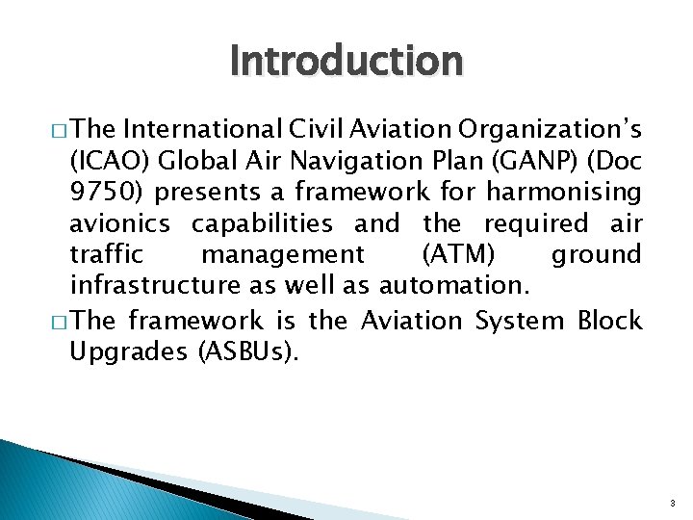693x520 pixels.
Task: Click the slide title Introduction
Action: click(346, 61)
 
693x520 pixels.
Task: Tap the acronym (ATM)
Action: click(455, 254)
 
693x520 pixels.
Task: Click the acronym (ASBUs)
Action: click(249, 351)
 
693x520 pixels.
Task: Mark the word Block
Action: click(608, 320)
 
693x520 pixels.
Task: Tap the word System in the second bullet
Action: click(519, 320)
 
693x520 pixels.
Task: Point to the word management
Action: click(282, 254)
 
